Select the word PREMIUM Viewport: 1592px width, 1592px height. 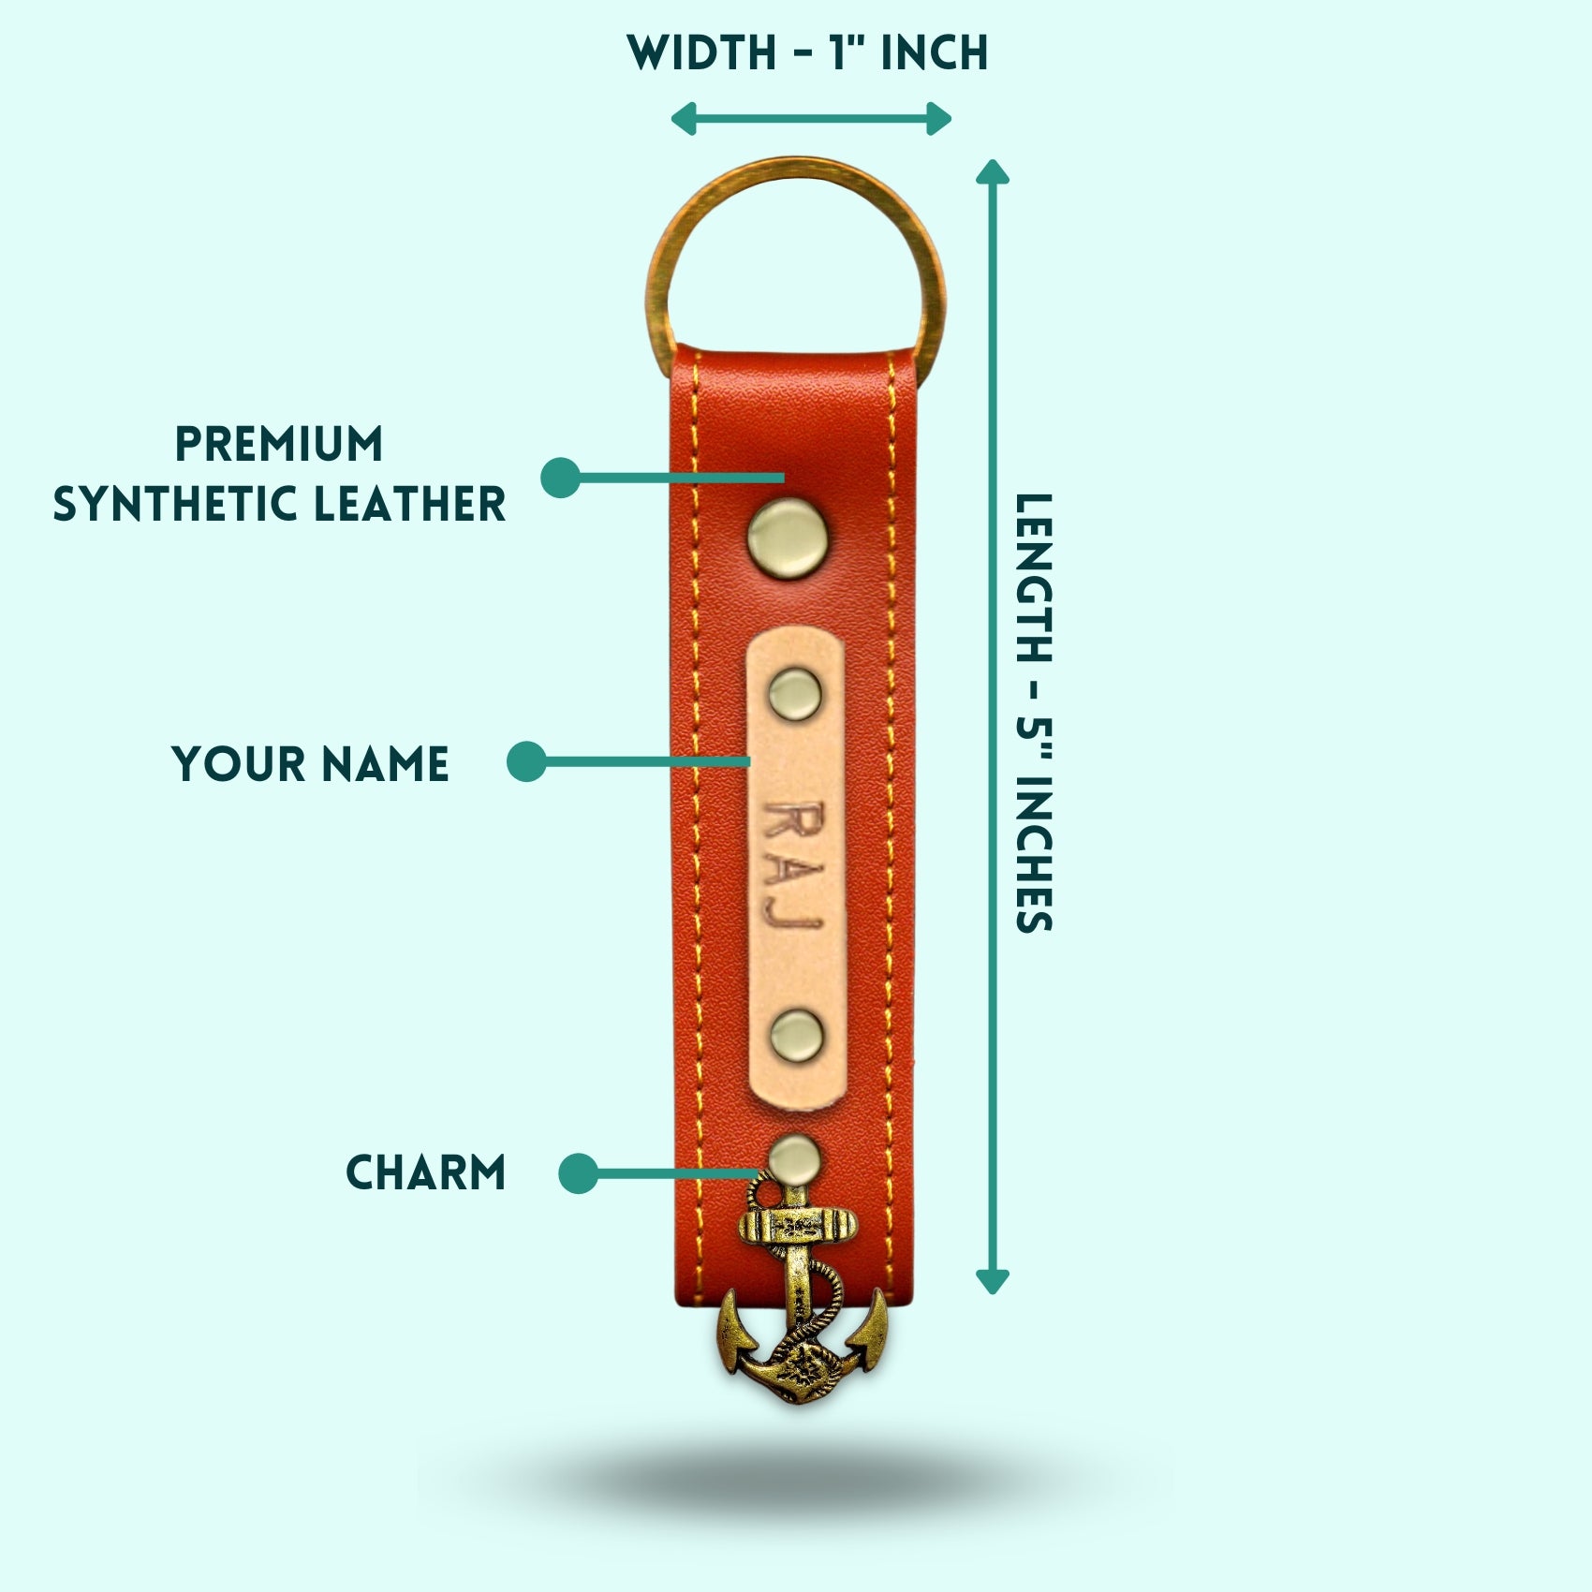point(279,444)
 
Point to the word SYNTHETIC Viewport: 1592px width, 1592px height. point(176,504)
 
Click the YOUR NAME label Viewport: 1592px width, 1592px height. point(310,764)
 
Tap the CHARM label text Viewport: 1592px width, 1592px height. point(426,1172)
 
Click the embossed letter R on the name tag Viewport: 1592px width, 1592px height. point(791,822)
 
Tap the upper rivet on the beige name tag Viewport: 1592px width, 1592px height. point(795,694)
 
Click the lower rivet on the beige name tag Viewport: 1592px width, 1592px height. point(797,1036)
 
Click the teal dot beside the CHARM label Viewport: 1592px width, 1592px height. point(578,1172)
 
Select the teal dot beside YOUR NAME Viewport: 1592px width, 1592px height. point(526,761)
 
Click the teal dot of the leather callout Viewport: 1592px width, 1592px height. point(560,478)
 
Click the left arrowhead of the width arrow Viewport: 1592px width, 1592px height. point(683,119)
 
